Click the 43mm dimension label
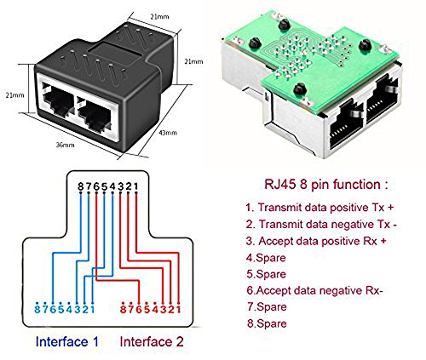point(168,133)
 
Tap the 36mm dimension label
point(65,145)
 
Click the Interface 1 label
point(67,341)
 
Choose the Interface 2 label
point(152,341)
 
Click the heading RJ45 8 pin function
point(326,185)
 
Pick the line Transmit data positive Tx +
point(319,208)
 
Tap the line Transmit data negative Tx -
point(321,225)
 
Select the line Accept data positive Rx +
point(316,241)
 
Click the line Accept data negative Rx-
point(314,290)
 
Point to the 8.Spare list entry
point(267,323)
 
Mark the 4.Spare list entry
point(266,258)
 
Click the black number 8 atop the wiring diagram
point(81,186)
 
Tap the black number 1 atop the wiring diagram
point(136,186)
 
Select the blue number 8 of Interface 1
point(37,309)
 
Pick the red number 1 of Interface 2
point(178,309)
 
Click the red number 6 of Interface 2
point(139,309)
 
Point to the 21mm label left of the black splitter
point(14,95)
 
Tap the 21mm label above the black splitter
point(159,17)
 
